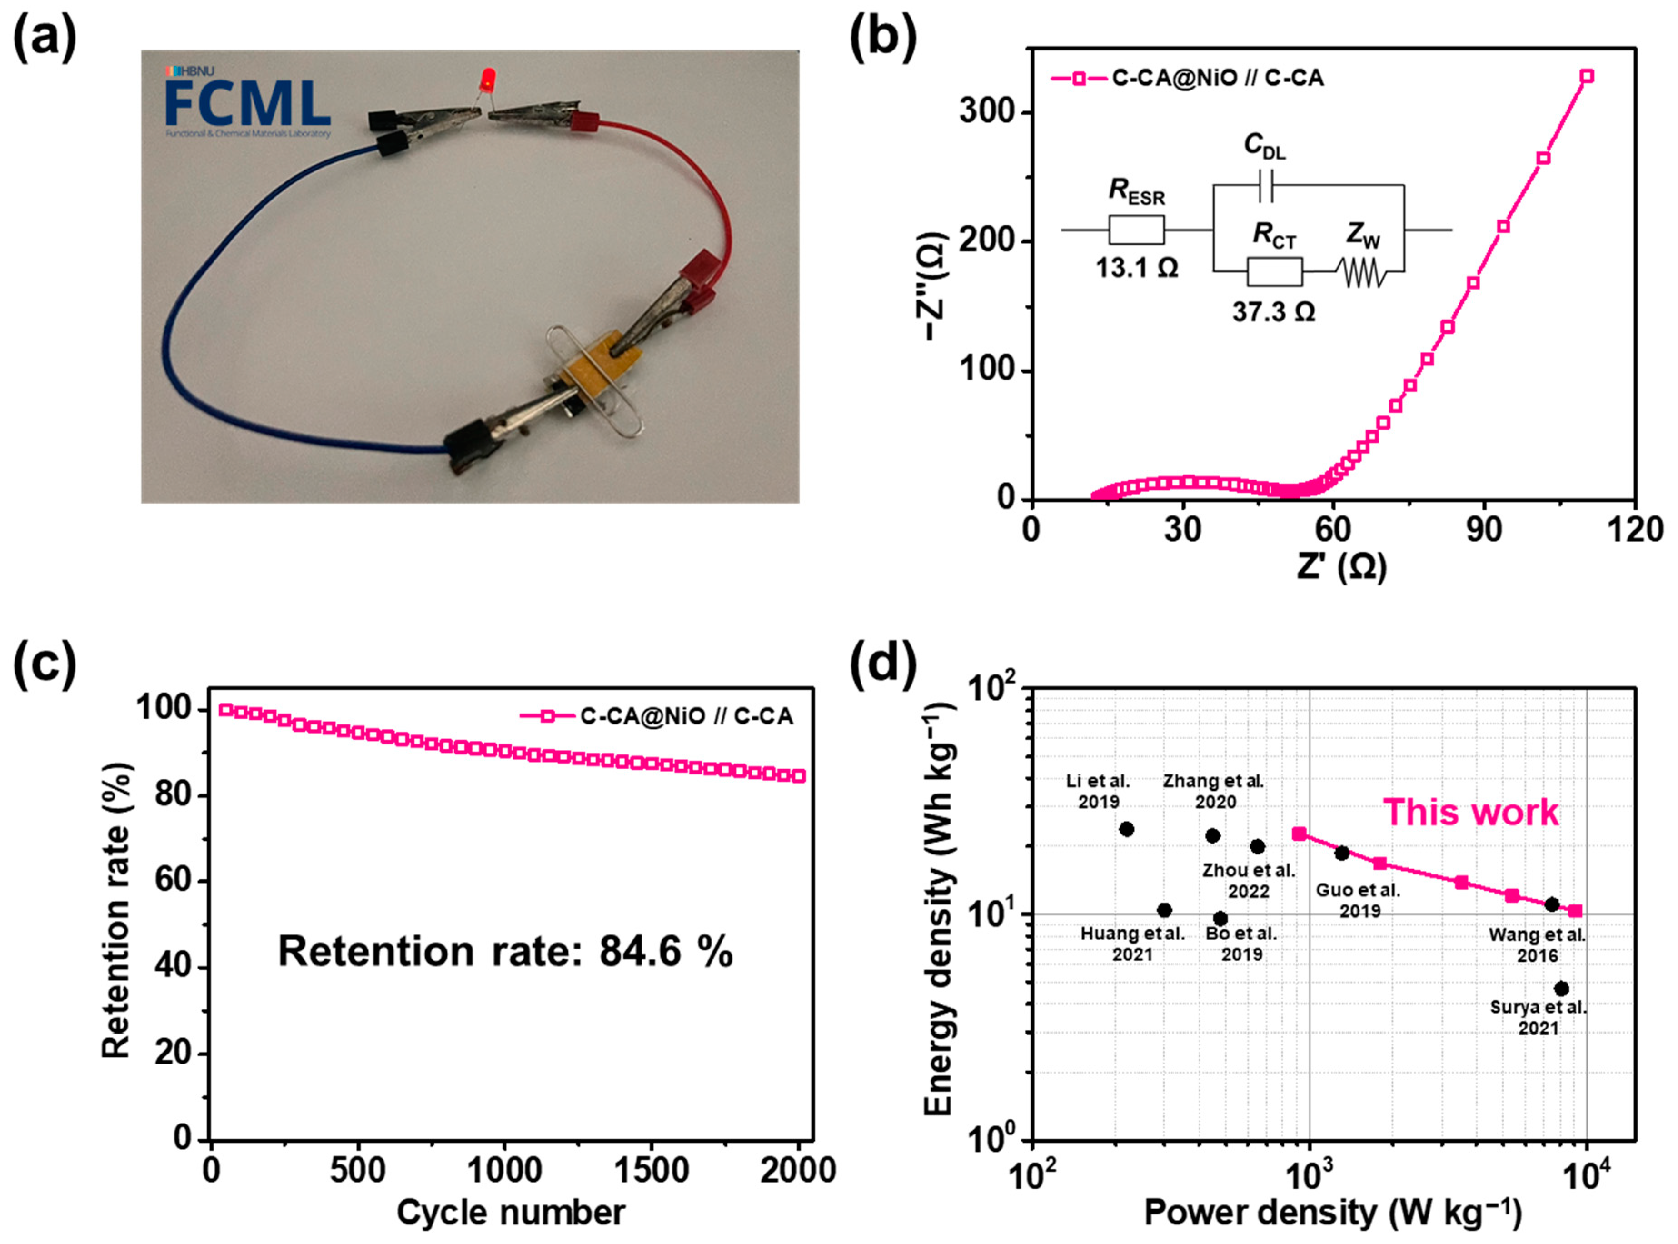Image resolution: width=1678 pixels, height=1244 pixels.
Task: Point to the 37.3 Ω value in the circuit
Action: (x=1273, y=311)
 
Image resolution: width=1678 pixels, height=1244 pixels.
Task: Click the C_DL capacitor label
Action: (x=1264, y=147)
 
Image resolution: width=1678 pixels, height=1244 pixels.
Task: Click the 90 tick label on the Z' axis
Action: (x=1483, y=530)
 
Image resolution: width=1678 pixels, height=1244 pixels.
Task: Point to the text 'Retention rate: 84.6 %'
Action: (x=505, y=951)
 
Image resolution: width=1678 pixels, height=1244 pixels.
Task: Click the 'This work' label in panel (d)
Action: (x=1471, y=813)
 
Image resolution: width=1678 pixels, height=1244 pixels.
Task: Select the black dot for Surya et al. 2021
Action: (x=1561, y=989)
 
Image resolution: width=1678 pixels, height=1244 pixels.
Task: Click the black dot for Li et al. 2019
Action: (x=1126, y=829)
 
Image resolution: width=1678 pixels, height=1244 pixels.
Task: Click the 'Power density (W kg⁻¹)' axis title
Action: (x=1333, y=1212)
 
